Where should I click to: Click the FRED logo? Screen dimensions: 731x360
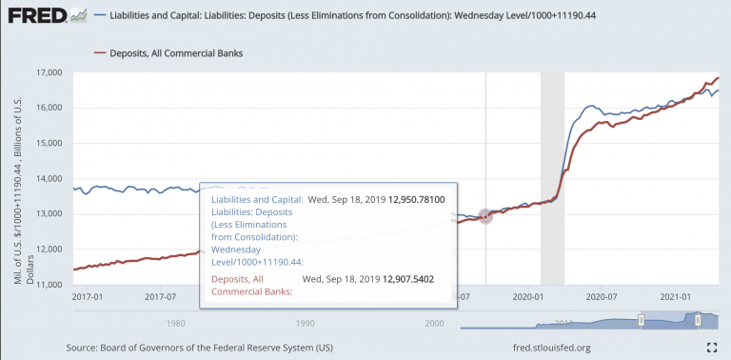47,16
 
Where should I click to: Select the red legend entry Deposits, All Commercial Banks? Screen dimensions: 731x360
168,53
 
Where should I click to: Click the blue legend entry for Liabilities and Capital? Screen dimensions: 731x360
345,16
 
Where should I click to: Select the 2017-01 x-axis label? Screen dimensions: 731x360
88,296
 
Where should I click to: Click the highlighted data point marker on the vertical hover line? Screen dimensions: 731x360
485,217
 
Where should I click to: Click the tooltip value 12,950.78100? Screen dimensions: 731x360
416,200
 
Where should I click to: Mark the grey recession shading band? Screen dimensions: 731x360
552,179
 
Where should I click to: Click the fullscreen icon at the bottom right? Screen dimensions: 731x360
711,347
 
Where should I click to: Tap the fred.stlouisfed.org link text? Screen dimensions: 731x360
551,348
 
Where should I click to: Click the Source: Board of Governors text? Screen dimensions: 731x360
200,348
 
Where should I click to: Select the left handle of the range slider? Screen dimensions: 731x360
641,319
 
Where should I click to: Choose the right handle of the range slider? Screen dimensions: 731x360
698,319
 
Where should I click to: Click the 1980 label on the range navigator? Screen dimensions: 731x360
173,322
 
